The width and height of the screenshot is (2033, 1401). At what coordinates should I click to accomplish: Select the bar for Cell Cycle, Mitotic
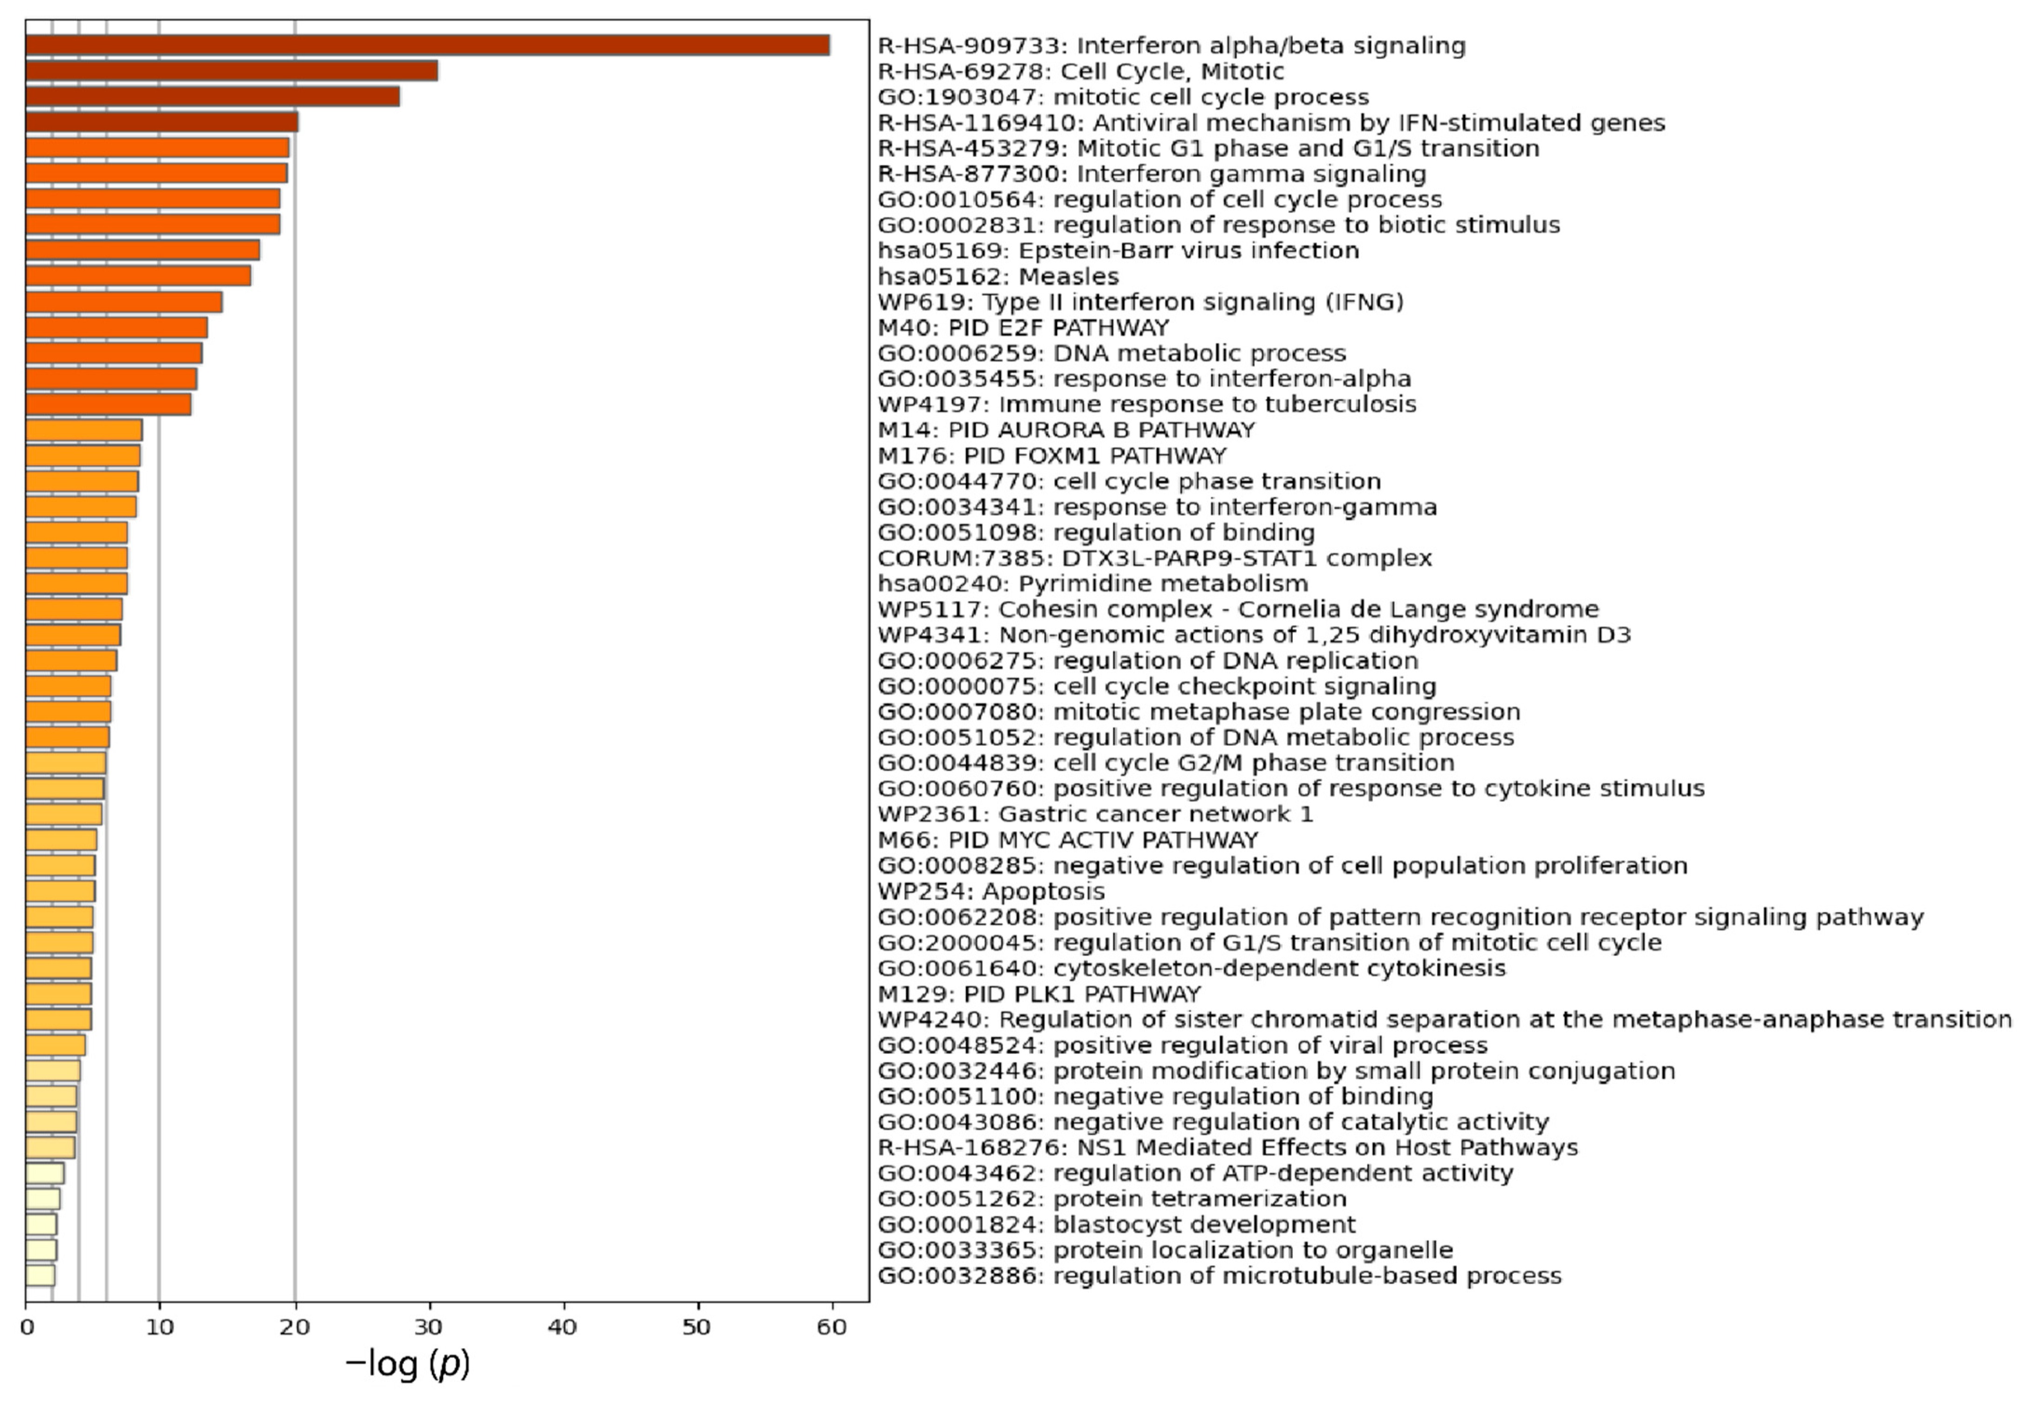click(x=232, y=71)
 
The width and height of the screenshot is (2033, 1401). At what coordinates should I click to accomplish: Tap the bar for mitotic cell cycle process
click(x=212, y=96)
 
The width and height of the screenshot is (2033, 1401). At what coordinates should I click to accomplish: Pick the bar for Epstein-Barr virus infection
click(x=142, y=250)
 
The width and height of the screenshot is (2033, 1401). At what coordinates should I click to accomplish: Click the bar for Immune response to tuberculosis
click(x=108, y=405)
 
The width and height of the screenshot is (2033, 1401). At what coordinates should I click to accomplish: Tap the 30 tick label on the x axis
click(x=429, y=1327)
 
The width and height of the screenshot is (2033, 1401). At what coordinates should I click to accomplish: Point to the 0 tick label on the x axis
click(x=27, y=1327)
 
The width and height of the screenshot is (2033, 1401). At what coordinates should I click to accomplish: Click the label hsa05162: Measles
click(x=998, y=276)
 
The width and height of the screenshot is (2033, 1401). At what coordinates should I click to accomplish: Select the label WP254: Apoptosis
click(x=991, y=892)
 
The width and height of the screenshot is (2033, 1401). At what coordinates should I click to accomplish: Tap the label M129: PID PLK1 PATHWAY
click(x=1038, y=995)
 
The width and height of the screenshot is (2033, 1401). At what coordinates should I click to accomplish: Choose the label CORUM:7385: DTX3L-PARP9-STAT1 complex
click(x=1154, y=558)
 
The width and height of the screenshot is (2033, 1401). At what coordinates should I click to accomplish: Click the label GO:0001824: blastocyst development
click(x=1117, y=1224)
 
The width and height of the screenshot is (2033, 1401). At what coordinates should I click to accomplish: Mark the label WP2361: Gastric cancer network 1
click(x=1096, y=814)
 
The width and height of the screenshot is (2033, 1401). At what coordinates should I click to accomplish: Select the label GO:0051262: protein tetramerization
click(x=1112, y=1199)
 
